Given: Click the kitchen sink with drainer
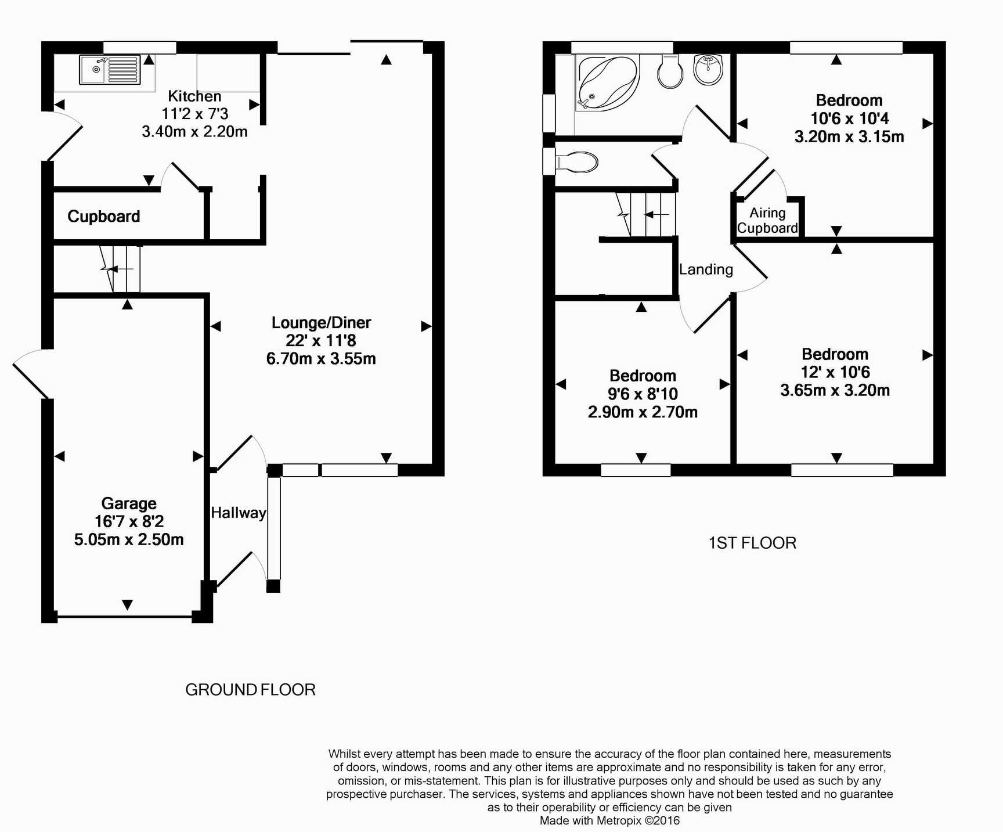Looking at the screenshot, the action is coord(110,70).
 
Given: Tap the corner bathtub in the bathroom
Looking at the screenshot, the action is coord(607,84).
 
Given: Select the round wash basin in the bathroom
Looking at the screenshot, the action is coord(708,70).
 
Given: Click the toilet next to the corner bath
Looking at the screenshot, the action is coord(670,71).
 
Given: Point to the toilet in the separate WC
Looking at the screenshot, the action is coord(577,163).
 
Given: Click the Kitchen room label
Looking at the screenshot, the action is coord(195,96).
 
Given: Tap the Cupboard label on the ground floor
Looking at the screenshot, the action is coord(104,217).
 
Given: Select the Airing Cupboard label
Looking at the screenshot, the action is coord(767,221).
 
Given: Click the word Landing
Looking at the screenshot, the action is coord(706,269).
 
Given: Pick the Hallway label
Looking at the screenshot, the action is coord(239,513).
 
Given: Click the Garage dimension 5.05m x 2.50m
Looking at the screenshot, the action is coord(129,539).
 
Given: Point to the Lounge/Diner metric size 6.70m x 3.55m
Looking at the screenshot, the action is coord(321,359).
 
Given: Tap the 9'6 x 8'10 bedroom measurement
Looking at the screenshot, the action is coord(643,394).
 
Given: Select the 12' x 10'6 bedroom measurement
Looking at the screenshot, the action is coord(835,372).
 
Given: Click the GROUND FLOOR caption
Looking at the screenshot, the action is coord(250,690).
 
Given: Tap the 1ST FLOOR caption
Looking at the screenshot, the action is coord(752,543).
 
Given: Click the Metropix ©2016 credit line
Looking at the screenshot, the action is coord(609,820).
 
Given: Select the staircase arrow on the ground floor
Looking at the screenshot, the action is coord(121,269).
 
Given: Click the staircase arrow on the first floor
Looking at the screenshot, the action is coord(656,215).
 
